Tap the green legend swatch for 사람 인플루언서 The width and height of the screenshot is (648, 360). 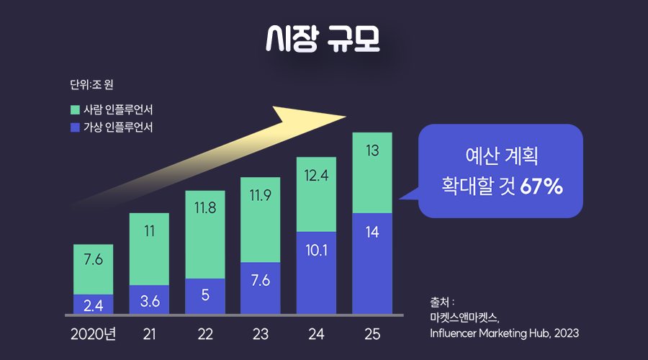pyautogui.click(x=75, y=110)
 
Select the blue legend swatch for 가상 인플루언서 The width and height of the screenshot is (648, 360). pyautogui.click(x=75, y=127)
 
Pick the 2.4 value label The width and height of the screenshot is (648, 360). pyautogui.click(x=93, y=306)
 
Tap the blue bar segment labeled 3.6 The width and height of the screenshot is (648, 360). pyautogui.click(x=149, y=300)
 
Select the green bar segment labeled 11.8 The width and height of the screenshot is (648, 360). pyautogui.click(x=205, y=234)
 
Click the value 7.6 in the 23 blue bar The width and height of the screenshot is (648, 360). pyautogui.click(x=261, y=281)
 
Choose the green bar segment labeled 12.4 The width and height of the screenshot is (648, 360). pyautogui.click(x=316, y=194)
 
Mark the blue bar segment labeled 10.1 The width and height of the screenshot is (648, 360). pyautogui.click(x=316, y=272)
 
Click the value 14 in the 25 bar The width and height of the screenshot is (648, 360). pyautogui.click(x=372, y=232)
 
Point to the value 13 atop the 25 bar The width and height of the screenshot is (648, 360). pyautogui.click(x=372, y=151)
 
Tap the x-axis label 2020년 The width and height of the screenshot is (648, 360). pyautogui.click(x=94, y=334)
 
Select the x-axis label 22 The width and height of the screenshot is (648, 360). pyautogui.click(x=205, y=334)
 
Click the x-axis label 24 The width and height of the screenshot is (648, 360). pyautogui.click(x=316, y=334)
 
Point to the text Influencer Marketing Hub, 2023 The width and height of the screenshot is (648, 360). pyautogui.click(x=503, y=333)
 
